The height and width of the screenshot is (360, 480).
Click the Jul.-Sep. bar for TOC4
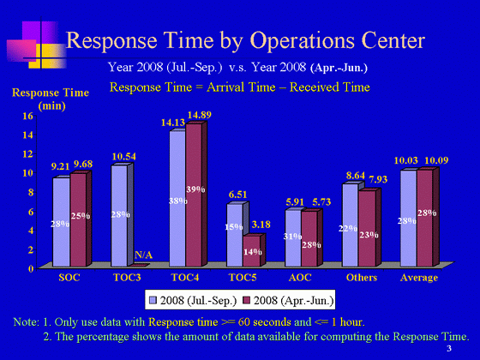click(178, 199)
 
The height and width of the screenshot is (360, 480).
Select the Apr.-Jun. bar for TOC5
click(252, 251)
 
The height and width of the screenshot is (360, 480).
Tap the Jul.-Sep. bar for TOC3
click(119, 216)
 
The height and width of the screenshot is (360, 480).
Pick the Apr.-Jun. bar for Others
click(368, 228)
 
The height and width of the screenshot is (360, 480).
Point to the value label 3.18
click(261, 225)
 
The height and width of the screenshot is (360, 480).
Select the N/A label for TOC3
click(144, 255)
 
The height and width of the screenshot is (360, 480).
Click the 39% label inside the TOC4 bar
click(195, 189)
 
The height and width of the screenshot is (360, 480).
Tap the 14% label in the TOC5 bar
click(253, 252)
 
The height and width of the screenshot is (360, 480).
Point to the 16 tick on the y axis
click(27, 116)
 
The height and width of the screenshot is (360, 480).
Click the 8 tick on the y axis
click(30, 192)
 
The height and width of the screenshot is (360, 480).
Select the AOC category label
click(300, 278)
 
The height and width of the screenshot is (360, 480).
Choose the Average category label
click(419, 278)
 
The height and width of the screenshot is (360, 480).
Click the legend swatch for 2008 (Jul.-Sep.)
click(153, 300)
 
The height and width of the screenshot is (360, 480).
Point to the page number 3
click(449, 348)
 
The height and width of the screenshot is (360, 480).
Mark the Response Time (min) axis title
click(51, 99)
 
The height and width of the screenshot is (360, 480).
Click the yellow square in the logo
click(47, 56)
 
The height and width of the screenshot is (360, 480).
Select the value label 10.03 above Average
click(406, 160)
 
